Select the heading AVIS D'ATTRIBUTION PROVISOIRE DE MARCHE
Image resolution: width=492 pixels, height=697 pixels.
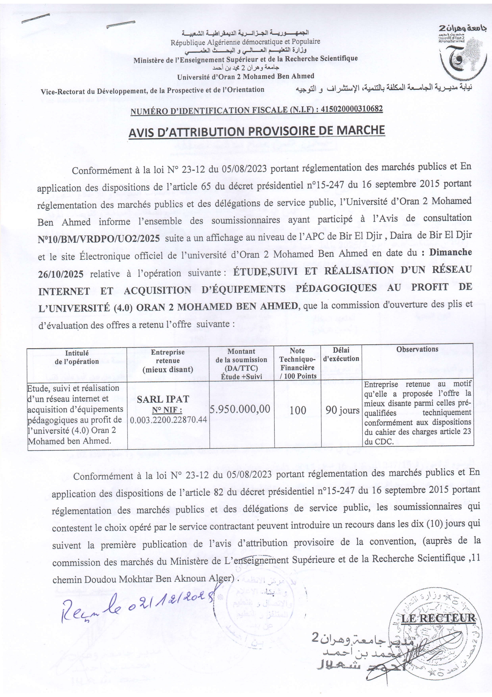(x=257, y=131)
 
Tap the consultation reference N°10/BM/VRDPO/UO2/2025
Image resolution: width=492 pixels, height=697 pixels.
(x=99, y=239)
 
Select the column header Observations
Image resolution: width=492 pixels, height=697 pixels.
(x=417, y=349)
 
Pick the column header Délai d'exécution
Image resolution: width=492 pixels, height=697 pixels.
(x=341, y=354)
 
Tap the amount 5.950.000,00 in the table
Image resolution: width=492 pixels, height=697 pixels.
(x=240, y=409)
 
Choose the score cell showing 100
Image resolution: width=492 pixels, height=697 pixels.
(x=298, y=410)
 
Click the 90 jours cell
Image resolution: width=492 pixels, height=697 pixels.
(x=342, y=410)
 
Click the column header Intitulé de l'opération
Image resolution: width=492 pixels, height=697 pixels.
(x=77, y=357)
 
